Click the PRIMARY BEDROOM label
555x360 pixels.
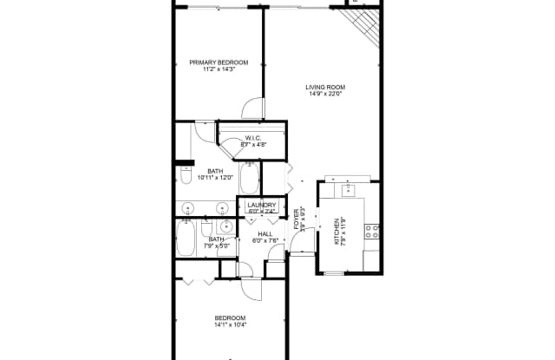(219, 62)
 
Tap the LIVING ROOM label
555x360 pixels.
(325, 87)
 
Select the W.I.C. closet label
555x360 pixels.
(253, 139)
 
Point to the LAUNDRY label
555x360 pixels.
(262, 205)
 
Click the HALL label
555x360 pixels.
(265, 234)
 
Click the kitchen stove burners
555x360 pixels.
(371, 231)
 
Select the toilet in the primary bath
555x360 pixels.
(186, 176)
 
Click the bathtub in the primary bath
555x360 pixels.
(249, 180)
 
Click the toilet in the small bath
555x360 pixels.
(209, 230)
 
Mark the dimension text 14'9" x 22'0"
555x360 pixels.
(325, 95)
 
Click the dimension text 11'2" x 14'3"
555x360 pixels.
(219, 70)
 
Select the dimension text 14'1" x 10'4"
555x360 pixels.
(231, 325)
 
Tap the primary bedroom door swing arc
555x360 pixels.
(252, 108)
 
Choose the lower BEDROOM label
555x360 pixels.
(231, 317)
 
